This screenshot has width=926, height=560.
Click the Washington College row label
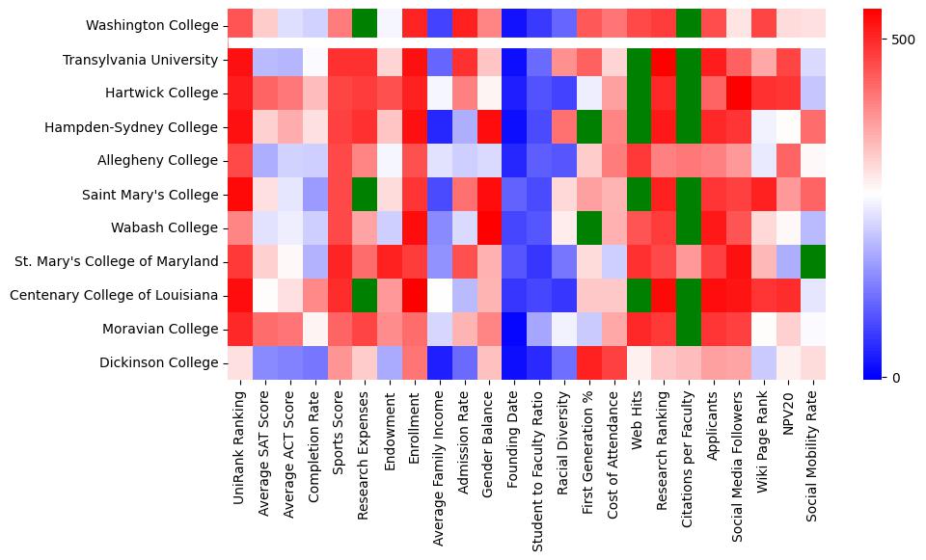(151, 26)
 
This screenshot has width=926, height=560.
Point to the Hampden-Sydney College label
(131, 127)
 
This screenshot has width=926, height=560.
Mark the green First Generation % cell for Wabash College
(590, 227)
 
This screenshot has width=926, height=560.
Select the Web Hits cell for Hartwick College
(640, 93)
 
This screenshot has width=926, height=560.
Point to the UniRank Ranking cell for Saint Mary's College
(240, 195)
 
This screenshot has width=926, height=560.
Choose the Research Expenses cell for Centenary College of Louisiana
(366, 295)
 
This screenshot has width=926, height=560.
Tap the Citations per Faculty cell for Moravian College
(691, 329)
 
